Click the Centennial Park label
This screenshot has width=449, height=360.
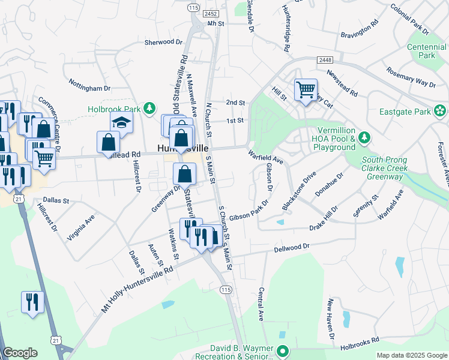426,51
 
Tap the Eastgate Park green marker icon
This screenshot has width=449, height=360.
441,111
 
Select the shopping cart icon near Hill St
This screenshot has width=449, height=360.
306,91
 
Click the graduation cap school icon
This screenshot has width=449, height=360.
122,122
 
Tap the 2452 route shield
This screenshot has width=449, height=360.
210,13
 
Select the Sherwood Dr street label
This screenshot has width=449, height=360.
163,42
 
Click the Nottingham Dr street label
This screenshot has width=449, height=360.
89,85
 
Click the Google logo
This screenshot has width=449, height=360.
20,353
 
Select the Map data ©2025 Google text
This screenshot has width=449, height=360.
411,355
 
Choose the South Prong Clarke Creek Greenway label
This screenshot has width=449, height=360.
384,169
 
